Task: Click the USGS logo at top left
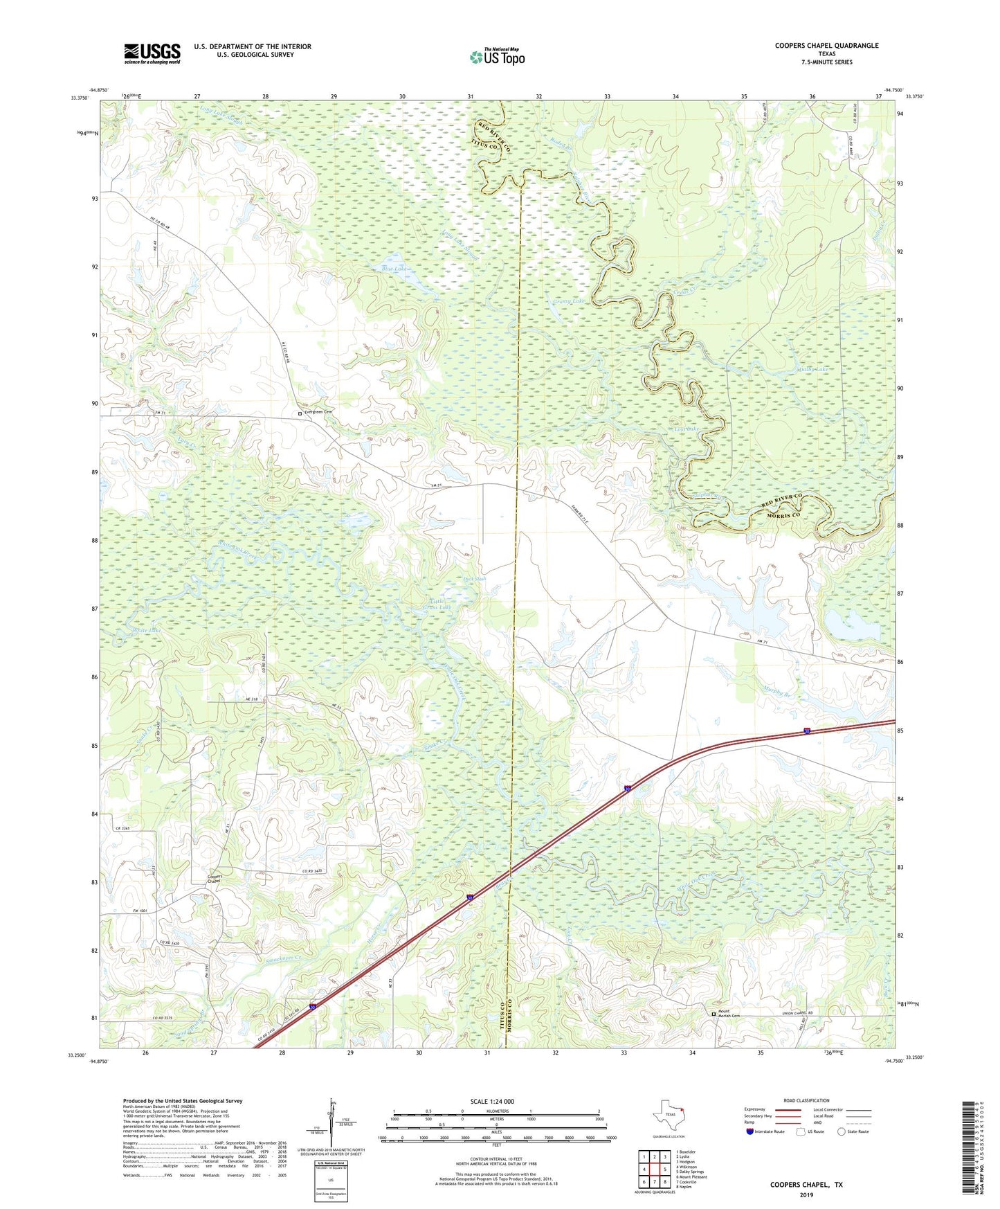pos(152,53)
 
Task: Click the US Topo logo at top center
pos(497,57)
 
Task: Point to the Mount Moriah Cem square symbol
pos(715,1014)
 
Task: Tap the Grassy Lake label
pos(568,301)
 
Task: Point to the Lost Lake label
pos(687,429)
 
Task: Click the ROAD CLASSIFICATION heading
pos(806,1100)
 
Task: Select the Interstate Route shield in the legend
pos(752,1131)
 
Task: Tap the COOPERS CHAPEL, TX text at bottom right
pos(806,1185)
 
